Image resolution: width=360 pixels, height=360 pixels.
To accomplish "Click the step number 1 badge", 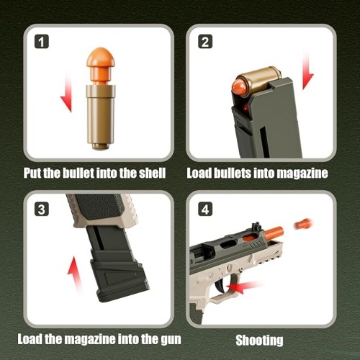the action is pyautogui.click(x=42, y=42).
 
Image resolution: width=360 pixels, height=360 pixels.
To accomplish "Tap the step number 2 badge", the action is pyautogui.click(x=205, y=42).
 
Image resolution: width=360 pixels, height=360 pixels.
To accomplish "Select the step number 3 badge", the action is pyautogui.click(x=42, y=209).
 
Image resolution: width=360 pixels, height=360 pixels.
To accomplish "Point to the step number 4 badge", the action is pyautogui.click(x=205, y=209).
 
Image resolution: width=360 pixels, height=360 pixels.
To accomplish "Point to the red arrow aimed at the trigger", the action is pyautogui.click(x=245, y=287).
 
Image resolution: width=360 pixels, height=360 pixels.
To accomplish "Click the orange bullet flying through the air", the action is pyautogui.click(x=304, y=224).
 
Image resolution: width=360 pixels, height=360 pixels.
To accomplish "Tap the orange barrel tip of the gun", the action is pyautogui.click(x=274, y=233).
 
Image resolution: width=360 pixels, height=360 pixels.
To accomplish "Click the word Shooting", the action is pyautogui.click(x=259, y=341).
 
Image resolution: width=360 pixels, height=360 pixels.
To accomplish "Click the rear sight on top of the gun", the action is pyautogui.click(x=256, y=227).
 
